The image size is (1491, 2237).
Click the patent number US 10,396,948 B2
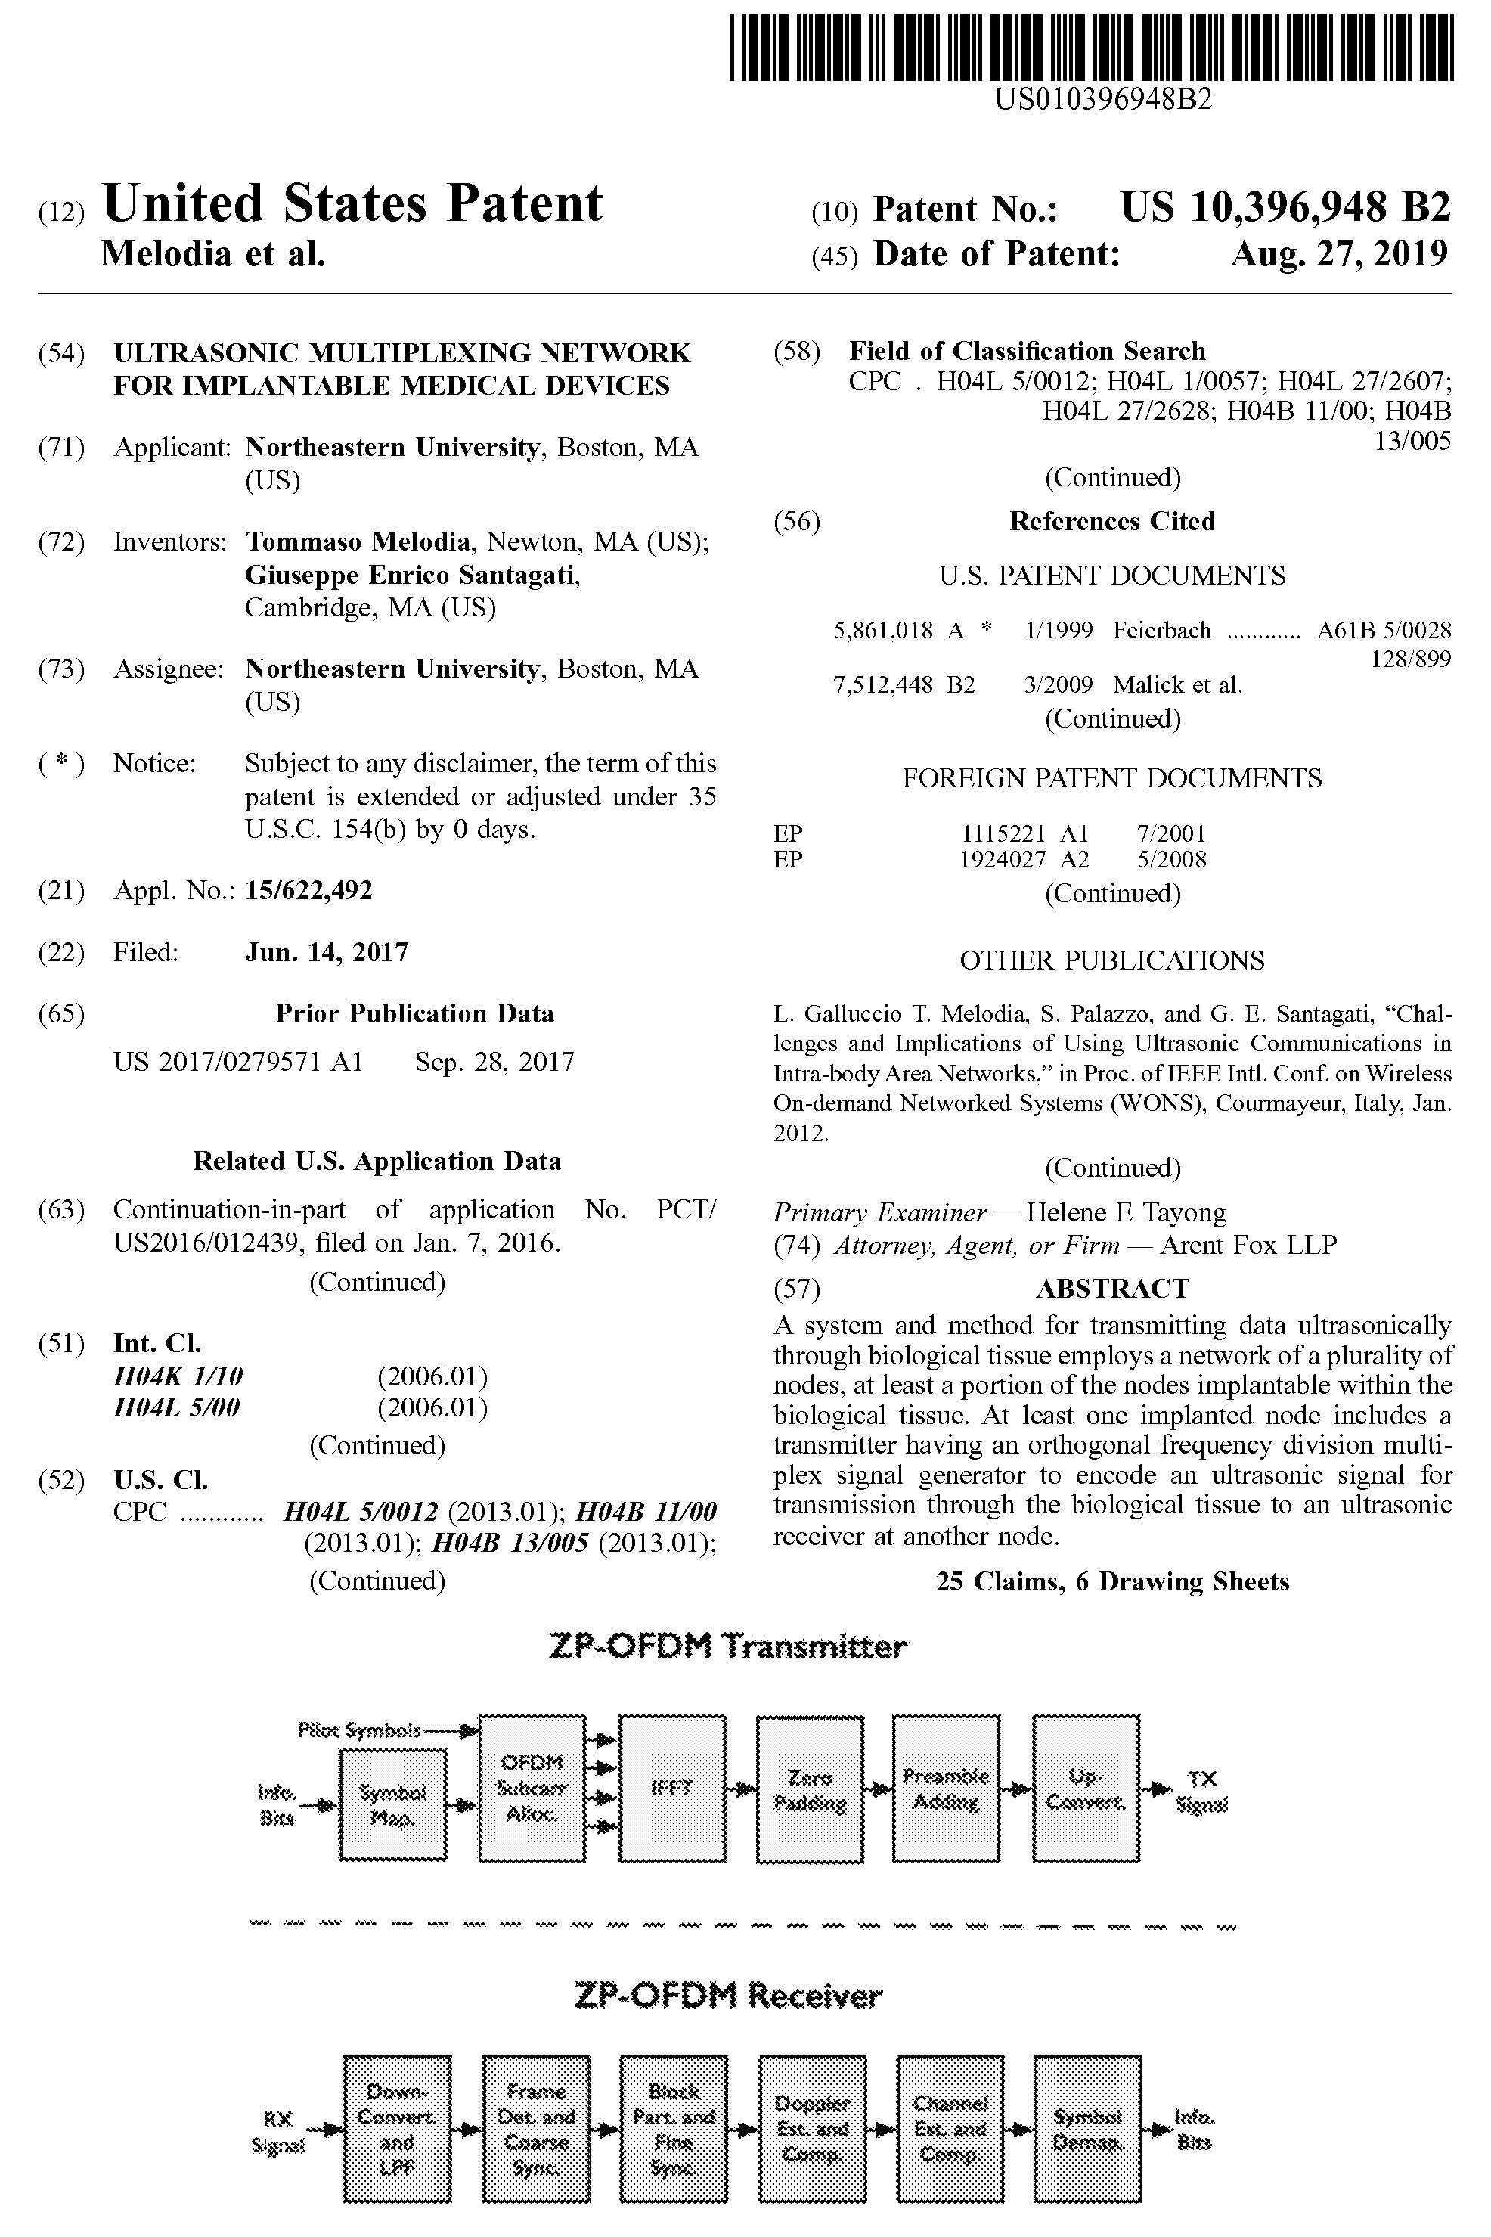pyautogui.click(x=1285, y=207)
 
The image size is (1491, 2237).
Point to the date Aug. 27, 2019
pyautogui.click(x=1339, y=254)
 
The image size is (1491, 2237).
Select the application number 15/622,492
pyautogui.click(x=309, y=891)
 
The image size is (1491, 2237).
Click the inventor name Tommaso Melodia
pyautogui.click(x=358, y=542)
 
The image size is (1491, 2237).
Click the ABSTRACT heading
pyautogui.click(x=1111, y=1289)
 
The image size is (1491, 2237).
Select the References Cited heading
pyautogui.click(x=1111, y=521)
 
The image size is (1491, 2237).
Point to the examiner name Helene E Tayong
pyautogui.click(x=1126, y=1213)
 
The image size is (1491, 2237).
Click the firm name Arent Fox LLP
pyautogui.click(x=1248, y=1245)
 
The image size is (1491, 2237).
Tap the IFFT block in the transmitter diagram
pyautogui.click(x=671, y=1788)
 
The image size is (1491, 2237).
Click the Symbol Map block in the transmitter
pyautogui.click(x=392, y=1804)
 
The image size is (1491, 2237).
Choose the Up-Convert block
pyautogui.click(x=1085, y=1788)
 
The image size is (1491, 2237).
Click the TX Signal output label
pyautogui.click(x=1202, y=1791)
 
